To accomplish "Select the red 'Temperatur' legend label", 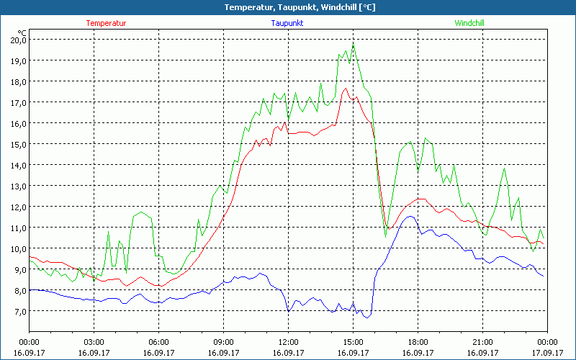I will [106, 23].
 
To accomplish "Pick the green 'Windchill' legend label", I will [469, 23].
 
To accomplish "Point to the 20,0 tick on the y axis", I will [17, 40].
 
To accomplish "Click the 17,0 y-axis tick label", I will [17, 102].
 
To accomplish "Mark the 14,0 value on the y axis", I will [17, 165].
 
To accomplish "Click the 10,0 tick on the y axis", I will [17, 248].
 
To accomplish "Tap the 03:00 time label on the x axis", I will [94, 341].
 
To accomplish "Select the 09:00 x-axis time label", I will [223, 341].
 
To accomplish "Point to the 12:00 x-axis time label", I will [288, 341].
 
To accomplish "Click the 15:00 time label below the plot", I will [353, 341].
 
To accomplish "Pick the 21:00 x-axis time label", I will [482, 341].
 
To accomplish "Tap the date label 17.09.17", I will [547, 353].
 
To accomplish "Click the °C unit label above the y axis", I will [22, 32].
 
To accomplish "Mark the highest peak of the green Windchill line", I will [354, 45].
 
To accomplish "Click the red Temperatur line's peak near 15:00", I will [346, 89].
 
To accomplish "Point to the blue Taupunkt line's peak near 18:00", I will [410, 216].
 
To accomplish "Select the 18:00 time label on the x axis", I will [418, 341].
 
